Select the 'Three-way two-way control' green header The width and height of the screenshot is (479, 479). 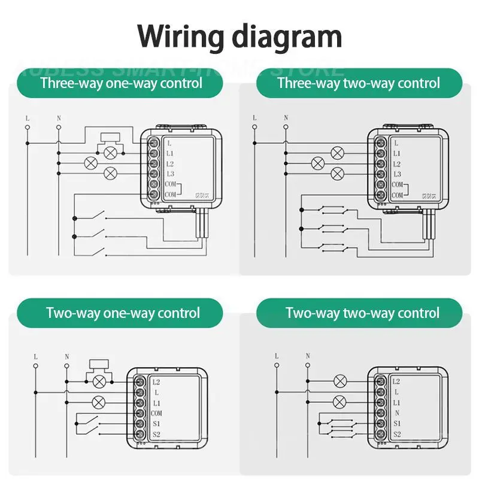click(x=359, y=83)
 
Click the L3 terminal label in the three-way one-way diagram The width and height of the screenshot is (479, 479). click(x=171, y=174)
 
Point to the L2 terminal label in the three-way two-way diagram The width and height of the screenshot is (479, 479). click(x=398, y=163)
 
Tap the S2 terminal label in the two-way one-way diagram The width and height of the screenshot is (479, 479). click(x=156, y=435)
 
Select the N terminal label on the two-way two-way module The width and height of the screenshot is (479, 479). click(x=396, y=413)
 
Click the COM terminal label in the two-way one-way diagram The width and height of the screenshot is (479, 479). click(x=157, y=413)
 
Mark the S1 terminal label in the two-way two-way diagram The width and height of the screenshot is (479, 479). click(x=397, y=423)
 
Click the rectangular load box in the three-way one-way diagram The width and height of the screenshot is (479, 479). click(x=110, y=136)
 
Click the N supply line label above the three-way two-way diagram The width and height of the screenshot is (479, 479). click(x=286, y=118)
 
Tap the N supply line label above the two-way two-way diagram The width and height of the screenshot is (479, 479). click(x=308, y=356)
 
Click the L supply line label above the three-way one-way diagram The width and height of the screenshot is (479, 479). click(x=28, y=118)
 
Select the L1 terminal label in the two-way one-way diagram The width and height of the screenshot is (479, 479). click(x=156, y=402)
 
